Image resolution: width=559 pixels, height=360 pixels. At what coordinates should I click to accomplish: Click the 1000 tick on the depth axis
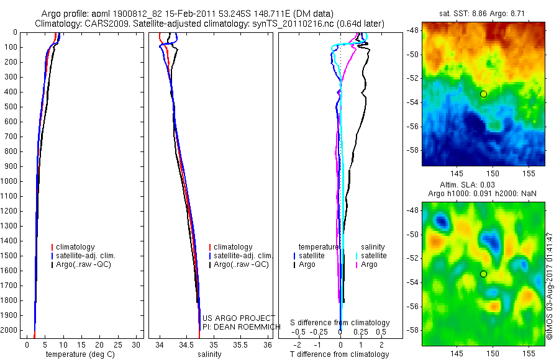pyautogui.click(x=11, y=181)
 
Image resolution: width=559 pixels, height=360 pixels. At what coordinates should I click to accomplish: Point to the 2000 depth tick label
pyautogui.click(x=11, y=331)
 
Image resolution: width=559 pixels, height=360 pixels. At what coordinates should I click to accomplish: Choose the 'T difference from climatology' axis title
pyautogui.click(x=339, y=354)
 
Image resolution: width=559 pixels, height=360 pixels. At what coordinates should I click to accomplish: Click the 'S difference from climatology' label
pyautogui.click(x=340, y=323)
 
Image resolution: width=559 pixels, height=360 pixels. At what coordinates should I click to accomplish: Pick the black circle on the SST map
pyautogui.click(x=483, y=94)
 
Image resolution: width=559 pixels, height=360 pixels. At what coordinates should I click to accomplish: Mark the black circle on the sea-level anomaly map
pyautogui.click(x=483, y=274)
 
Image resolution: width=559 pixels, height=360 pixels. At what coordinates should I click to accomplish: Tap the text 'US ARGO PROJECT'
pyautogui.click(x=239, y=318)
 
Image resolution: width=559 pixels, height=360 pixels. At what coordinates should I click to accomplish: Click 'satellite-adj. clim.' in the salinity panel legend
pyautogui.click(x=243, y=256)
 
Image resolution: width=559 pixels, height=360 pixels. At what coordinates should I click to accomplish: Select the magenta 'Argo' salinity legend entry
pyautogui.click(x=369, y=264)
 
